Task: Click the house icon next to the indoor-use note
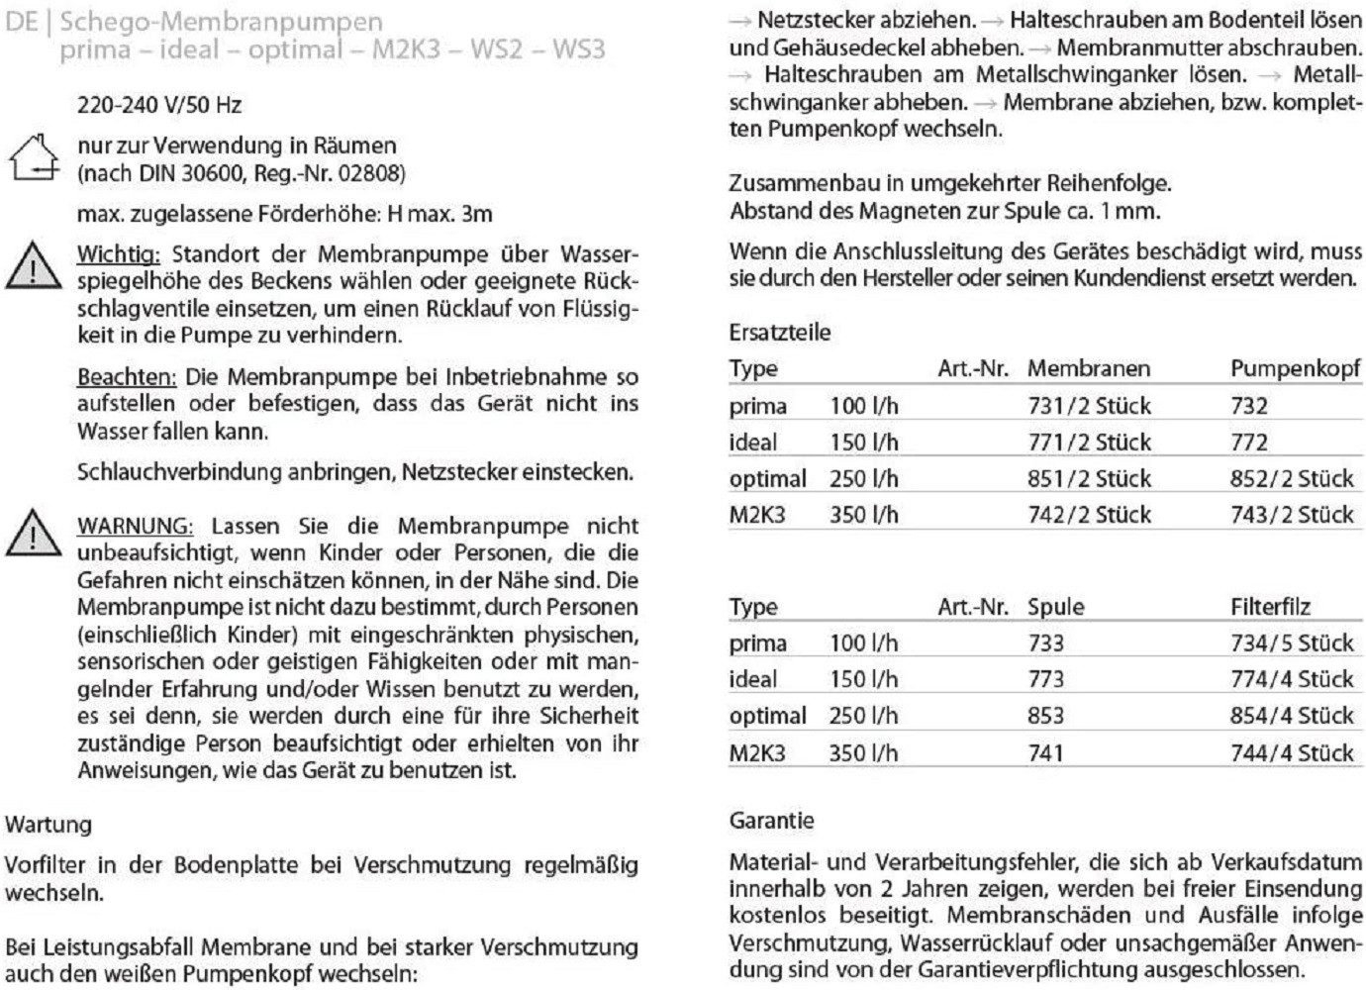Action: [36, 159]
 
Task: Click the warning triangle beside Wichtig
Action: [33, 265]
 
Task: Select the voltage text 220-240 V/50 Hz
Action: [158, 105]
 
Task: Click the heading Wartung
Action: [49, 824]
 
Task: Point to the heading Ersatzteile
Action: [780, 333]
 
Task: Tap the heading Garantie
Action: [772, 820]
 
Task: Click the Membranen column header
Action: [1088, 369]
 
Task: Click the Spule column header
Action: [1055, 607]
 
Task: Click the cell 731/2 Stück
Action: [1089, 406]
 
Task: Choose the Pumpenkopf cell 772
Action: [1249, 443]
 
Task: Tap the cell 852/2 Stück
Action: [1292, 479]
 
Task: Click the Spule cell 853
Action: [1045, 716]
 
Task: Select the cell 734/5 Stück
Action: [1292, 643]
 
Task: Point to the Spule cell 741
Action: [1045, 752]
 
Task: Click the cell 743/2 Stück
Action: [1292, 515]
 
